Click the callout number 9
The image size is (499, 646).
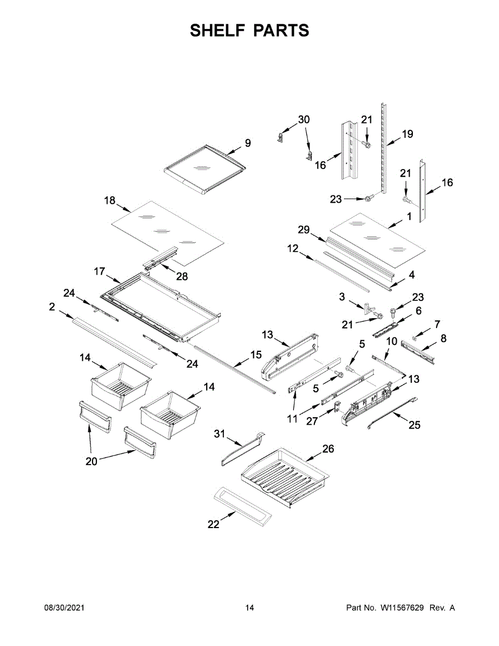tap(248, 143)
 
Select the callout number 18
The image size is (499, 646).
tap(109, 201)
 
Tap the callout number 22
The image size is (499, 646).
tap(214, 524)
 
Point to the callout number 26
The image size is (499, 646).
tap(328, 449)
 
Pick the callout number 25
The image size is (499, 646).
tap(414, 425)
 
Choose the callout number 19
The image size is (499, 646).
tap(407, 134)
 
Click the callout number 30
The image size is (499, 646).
tap(304, 120)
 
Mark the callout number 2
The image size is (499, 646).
tap(52, 307)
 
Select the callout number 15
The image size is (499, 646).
tap(255, 355)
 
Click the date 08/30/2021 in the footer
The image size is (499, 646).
tap(64, 608)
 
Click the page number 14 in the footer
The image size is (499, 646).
tap(249, 608)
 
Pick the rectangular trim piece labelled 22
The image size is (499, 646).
tap(242, 505)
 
